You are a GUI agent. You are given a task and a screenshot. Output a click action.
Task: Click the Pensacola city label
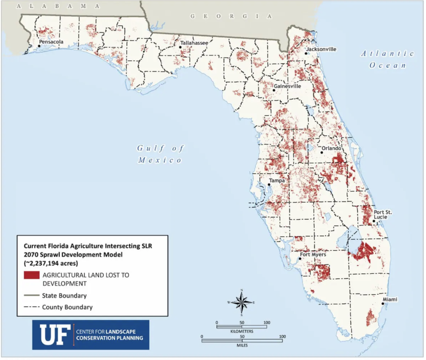51,42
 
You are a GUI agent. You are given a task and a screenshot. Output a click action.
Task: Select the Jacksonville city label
321,49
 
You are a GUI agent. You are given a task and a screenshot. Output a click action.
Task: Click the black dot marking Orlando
321,152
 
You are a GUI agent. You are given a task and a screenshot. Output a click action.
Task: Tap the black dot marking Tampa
269,185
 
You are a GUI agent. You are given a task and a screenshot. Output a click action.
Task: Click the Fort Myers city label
313,254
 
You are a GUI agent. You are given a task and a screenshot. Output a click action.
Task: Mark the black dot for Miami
382,304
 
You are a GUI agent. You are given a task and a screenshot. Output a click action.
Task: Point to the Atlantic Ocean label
387,59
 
